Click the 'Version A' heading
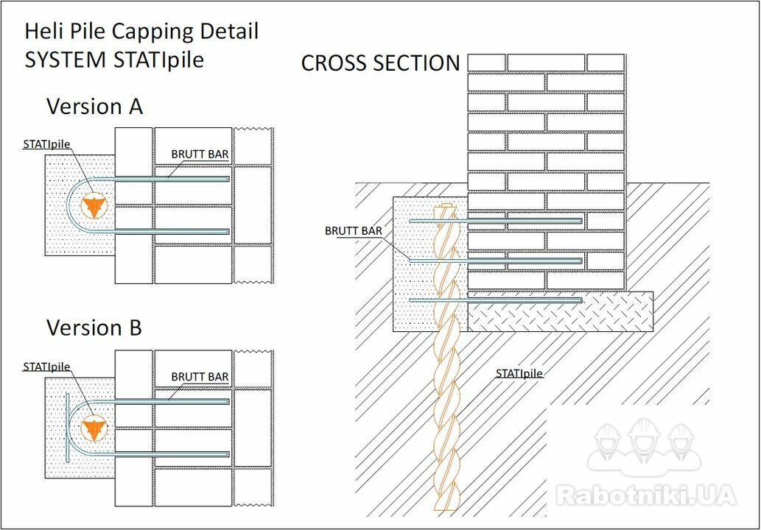94,106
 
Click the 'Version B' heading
94,328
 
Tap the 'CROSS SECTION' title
380,63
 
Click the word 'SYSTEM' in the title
66,60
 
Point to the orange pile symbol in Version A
93,206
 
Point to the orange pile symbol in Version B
93,428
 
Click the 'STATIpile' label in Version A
46,144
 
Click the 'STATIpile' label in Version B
46,367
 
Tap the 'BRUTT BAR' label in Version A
200,154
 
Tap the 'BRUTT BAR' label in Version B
200,377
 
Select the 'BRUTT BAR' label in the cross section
354,231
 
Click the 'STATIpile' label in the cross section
519,373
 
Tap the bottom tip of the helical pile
446,507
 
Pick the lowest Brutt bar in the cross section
496,300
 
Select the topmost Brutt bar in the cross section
496,221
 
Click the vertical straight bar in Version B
68,428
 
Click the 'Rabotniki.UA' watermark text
646,495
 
